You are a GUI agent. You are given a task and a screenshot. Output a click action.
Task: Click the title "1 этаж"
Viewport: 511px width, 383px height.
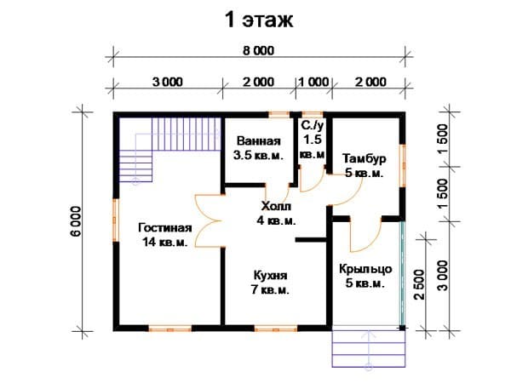[x=259, y=20]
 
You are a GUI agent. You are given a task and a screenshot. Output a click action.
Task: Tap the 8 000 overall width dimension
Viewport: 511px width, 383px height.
[x=259, y=50]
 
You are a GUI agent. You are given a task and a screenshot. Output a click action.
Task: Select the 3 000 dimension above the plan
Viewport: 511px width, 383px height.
[x=168, y=82]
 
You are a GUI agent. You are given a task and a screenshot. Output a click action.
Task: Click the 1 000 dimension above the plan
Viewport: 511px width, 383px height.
[x=313, y=82]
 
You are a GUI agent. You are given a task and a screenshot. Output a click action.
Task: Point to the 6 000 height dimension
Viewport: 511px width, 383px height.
[x=77, y=221]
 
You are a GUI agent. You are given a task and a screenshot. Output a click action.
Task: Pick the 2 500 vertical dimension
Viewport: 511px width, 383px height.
[x=419, y=284]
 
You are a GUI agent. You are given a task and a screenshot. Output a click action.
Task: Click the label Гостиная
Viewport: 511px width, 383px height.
[x=165, y=227]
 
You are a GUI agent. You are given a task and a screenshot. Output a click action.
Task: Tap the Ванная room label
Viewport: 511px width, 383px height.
[x=258, y=141]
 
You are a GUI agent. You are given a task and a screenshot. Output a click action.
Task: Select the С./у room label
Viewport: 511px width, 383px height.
[x=312, y=125]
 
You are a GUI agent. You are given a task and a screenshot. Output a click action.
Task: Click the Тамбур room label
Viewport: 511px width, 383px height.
[x=365, y=158]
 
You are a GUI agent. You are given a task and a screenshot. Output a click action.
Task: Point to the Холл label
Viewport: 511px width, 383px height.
[x=276, y=206]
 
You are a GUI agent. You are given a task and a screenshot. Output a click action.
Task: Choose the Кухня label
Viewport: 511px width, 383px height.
[x=271, y=276]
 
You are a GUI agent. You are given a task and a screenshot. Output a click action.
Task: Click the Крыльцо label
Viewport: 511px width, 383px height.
[x=365, y=269]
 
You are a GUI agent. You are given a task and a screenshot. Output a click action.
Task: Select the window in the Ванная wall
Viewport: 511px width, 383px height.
[x=279, y=114]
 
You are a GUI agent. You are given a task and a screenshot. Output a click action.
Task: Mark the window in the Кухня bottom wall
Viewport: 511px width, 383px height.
[x=276, y=329]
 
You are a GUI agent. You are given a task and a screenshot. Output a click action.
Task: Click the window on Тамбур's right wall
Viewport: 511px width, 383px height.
[x=403, y=166]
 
